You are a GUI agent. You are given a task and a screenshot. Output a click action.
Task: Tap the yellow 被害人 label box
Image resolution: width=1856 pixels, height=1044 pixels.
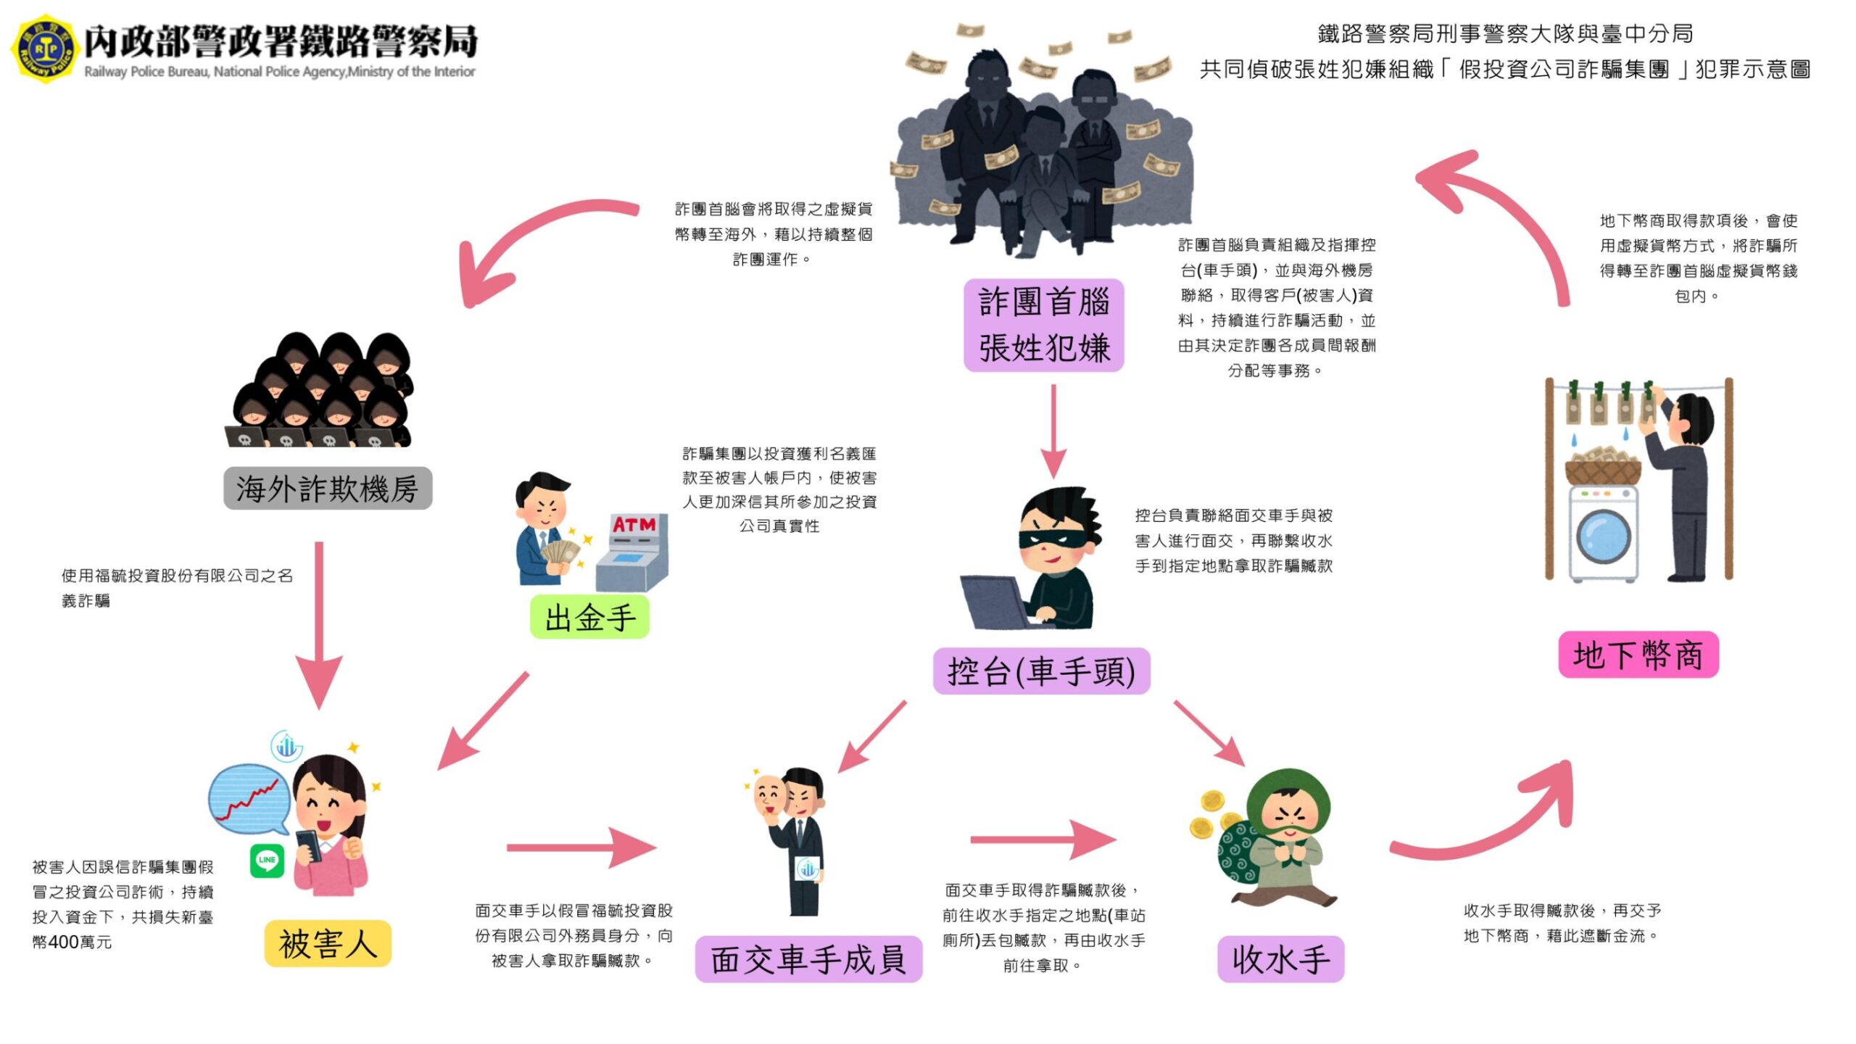pyautogui.click(x=328, y=943)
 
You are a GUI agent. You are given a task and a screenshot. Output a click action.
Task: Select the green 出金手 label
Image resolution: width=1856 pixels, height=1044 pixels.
pyautogui.click(x=589, y=618)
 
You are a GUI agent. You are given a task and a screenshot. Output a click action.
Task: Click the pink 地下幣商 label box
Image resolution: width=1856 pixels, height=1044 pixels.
pyautogui.click(x=1638, y=655)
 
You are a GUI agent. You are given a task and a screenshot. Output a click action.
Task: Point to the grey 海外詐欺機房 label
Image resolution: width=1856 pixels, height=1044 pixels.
pyautogui.click(x=327, y=489)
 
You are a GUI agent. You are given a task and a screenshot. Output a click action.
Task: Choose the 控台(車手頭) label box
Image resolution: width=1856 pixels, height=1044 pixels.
pyautogui.click(x=1041, y=671)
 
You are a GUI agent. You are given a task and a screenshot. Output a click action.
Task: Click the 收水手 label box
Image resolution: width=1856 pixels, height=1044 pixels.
pyautogui.click(x=1280, y=959)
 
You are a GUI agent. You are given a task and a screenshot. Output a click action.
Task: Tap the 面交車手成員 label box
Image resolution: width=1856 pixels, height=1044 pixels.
pyautogui.click(x=808, y=959)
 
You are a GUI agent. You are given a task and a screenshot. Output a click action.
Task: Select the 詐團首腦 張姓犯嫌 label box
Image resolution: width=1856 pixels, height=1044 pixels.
pyautogui.click(x=1043, y=325)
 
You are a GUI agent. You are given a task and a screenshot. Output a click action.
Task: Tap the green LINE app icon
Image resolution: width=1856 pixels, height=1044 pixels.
pyautogui.click(x=267, y=861)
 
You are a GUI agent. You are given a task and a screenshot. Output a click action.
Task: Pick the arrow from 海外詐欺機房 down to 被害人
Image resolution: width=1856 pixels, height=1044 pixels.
pyautogui.click(x=319, y=623)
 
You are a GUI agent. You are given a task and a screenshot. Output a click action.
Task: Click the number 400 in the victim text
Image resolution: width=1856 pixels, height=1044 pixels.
pyautogui.click(x=64, y=942)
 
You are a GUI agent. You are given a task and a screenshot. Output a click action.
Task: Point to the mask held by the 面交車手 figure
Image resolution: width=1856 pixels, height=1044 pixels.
pyautogui.click(x=770, y=792)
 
